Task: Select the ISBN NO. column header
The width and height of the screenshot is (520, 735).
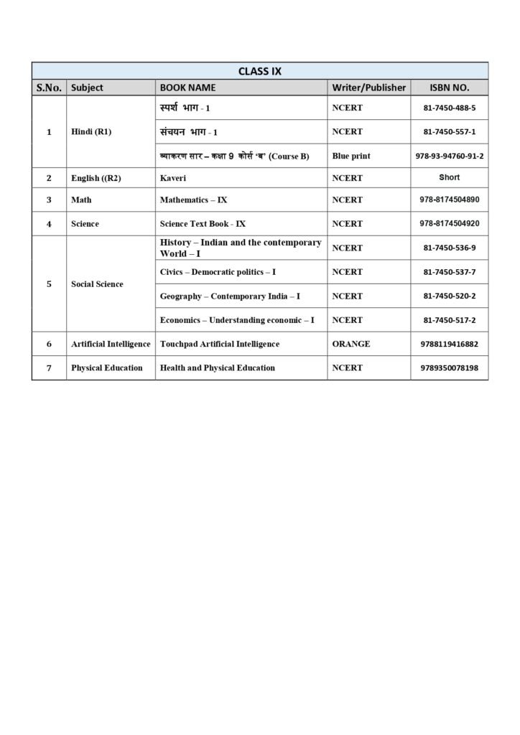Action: pyautogui.click(x=449, y=88)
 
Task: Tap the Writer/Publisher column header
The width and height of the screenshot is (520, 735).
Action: pyautogui.click(x=368, y=88)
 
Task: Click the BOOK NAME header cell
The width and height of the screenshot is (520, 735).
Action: pyautogui.click(x=187, y=88)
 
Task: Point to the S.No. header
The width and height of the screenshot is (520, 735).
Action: pyautogui.click(x=49, y=88)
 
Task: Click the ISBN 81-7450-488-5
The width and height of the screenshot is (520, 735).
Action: pyautogui.click(x=450, y=108)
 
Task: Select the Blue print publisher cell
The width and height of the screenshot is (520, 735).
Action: pyautogui.click(x=351, y=156)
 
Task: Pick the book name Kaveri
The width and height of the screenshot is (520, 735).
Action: pyautogui.click(x=173, y=177)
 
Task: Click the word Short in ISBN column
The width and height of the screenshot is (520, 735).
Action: pyautogui.click(x=449, y=177)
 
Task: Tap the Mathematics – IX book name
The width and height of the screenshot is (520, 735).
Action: pyautogui.click(x=193, y=200)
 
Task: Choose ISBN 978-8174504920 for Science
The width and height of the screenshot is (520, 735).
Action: pyautogui.click(x=450, y=223)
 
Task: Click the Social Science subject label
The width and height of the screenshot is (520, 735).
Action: pyautogui.click(x=97, y=284)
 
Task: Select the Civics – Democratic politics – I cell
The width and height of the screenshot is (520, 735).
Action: pyautogui.click(x=218, y=272)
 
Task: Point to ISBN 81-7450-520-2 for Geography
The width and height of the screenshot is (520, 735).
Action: pyautogui.click(x=450, y=296)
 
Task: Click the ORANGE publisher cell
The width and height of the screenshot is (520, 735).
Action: pyautogui.click(x=351, y=344)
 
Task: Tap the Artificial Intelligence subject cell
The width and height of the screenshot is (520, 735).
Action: pyautogui.click(x=111, y=344)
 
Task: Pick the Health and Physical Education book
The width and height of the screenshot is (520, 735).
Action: pyautogui.click(x=217, y=367)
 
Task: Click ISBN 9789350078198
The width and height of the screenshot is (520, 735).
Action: pyautogui.click(x=450, y=367)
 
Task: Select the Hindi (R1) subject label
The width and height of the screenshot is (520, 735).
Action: pyautogui.click(x=91, y=132)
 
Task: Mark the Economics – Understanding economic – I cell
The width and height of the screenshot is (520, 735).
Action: pyautogui.click(x=237, y=319)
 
